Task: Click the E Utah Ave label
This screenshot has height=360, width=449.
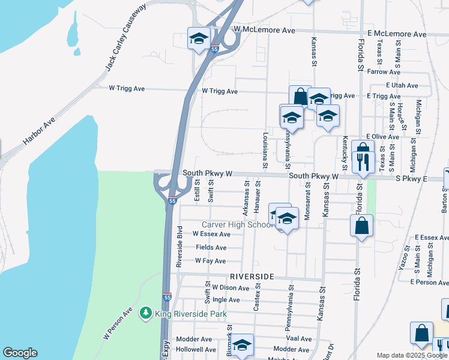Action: (402, 86)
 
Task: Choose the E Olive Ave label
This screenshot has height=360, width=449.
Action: (378, 137)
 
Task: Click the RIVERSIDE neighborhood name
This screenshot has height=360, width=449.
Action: (252, 277)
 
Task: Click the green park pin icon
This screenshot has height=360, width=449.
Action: (145, 313)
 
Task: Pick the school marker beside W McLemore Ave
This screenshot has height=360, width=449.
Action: (198, 39)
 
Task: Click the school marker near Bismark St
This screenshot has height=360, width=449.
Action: (242, 345)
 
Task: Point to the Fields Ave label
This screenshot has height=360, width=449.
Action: (211, 247)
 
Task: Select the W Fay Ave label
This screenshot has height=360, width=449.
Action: (210, 261)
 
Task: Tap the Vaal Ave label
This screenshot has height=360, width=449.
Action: (300, 339)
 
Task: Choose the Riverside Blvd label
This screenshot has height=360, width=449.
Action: (178, 247)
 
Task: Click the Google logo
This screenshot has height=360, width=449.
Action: (20, 353)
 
